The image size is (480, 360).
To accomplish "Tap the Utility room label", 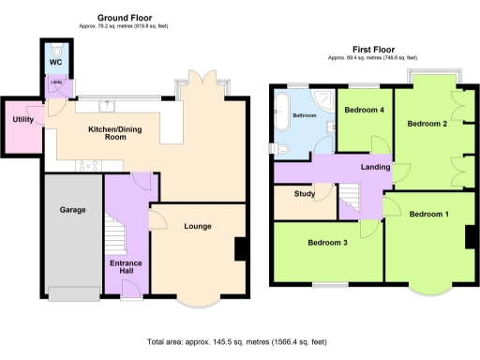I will pos(22,120).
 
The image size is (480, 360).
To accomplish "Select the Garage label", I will pos(73,209).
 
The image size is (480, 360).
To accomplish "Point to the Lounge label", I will pos(198,226).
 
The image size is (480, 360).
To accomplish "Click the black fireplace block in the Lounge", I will pos(240,249).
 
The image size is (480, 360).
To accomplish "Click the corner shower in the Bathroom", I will pos(323,97).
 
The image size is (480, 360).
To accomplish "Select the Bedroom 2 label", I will pos(426,124).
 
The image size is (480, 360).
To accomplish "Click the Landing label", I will pos(375,168).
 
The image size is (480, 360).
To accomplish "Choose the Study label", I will pos(303,196).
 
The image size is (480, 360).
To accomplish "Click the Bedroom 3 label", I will pos(328,243).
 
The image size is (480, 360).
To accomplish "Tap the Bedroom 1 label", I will pos(429,214).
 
